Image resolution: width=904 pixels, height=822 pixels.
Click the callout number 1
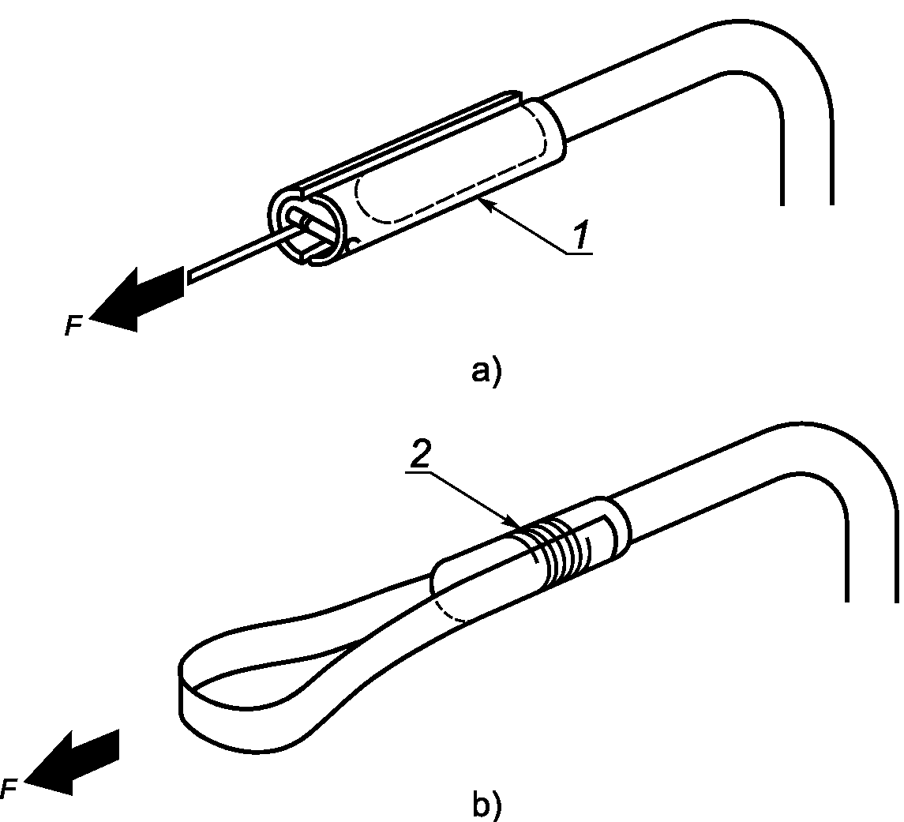(x=581, y=235)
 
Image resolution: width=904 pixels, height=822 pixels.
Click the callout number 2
(x=420, y=456)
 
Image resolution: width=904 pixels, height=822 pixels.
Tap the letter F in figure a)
(x=73, y=326)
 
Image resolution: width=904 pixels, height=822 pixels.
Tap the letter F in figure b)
(x=9, y=788)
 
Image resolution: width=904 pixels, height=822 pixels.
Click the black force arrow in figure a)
(x=137, y=299)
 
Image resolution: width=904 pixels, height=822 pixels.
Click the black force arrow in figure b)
(x=72, y=762)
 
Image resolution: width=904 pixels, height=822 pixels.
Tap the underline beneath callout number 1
(x=578, y=253)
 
